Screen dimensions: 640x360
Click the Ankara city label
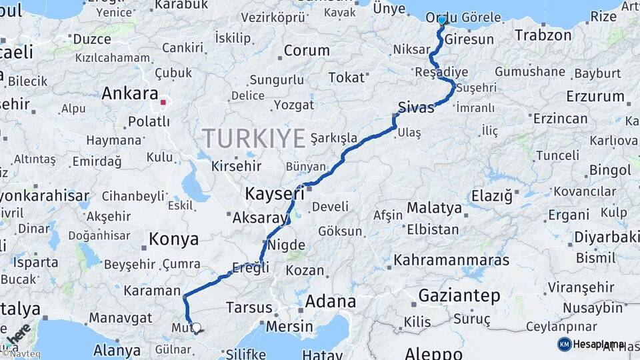click(x=130, y=94)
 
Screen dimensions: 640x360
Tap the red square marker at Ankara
click(x=163, y=103)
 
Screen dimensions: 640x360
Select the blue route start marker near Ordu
click(x=441, y=20)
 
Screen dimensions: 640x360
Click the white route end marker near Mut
click(x=196, y=327)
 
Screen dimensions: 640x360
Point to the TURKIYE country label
click(x=254, y=138)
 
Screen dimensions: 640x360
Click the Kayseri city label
click(x=275, y=194)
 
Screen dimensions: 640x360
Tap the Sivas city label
click(x=415, y=107)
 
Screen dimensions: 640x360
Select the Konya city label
click(x=173, y=239)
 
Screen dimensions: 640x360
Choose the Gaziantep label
click(x=459, y=295)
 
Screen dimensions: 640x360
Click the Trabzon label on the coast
click(x=543, y=35)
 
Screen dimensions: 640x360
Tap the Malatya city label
click(x=435, y=208)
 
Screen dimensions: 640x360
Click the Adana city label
click(x=331, y=301)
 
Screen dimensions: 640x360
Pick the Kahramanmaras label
click(x=451, y=260)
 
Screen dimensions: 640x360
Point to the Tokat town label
click(x=347, y=78)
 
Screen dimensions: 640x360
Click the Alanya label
click(x=117, y=350)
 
